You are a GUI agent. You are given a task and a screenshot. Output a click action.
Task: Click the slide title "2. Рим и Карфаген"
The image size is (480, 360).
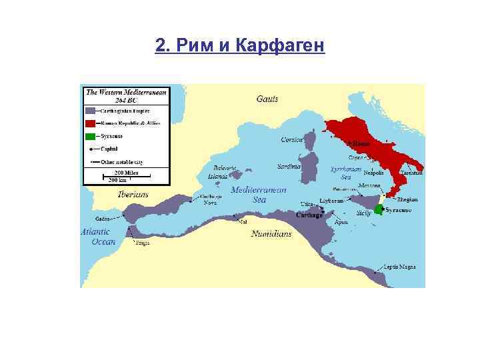click(240, 45)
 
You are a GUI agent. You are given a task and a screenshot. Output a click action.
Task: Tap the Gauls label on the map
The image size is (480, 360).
click(267, 99)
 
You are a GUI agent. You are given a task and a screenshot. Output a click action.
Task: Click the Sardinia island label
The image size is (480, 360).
click(289, 166)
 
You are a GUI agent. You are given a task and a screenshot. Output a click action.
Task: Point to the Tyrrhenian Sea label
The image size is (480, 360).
click(345, 173)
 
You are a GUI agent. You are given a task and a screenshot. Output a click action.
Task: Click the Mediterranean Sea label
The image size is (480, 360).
click(258, 194)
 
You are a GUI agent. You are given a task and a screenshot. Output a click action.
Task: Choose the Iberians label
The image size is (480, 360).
click(133, 195)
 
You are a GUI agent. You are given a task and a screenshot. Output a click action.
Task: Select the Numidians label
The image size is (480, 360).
click(271, 234)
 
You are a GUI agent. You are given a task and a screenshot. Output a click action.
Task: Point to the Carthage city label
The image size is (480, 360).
click(309, 215)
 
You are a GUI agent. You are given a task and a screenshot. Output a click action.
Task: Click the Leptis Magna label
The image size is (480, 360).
click(399, 267)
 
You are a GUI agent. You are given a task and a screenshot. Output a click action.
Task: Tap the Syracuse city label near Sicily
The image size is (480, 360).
click(398, 210)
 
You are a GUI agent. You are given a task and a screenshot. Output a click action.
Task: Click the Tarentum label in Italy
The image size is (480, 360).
click(411, 172)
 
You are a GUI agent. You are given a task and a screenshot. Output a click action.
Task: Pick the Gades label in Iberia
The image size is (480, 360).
click(103, 218)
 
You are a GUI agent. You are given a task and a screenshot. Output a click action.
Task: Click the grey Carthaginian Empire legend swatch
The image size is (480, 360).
click(89, 110)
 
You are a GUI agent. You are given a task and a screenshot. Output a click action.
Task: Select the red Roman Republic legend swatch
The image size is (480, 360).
click(89, 123)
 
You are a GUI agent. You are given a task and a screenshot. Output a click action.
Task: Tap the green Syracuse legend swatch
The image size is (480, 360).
click(89, 136)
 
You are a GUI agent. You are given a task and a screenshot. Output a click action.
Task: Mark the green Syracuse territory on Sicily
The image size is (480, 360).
click(378, 209)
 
